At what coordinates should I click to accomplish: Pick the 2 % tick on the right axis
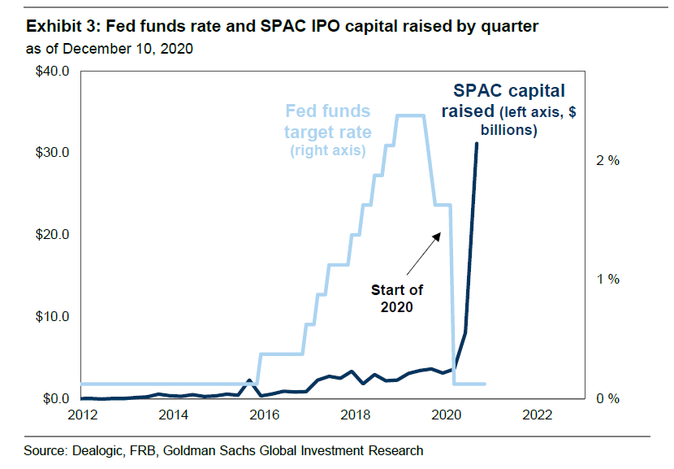[x=607, y=161]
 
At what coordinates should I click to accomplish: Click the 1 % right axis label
[x=607, y=280]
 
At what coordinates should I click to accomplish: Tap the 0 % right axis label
[x=607, y=399]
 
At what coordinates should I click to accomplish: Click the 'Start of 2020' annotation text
[x=397, y=298]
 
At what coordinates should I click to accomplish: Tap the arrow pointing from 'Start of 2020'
[x=422, y=252]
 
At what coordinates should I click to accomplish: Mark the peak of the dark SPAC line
[x=477, y=143]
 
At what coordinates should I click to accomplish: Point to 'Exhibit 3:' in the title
[x=43, y=27]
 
